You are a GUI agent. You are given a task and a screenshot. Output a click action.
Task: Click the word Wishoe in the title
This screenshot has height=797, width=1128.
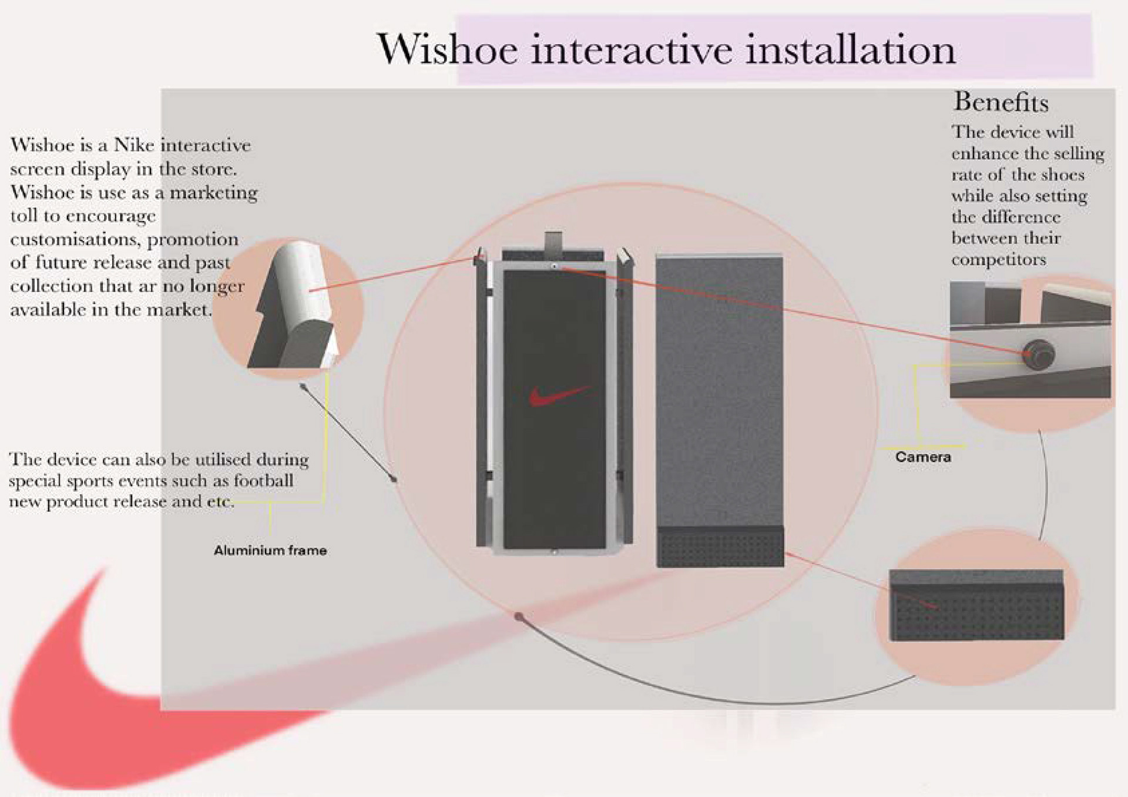tap(447, 49)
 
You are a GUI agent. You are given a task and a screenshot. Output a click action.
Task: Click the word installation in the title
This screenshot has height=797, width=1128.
tap(850, 49)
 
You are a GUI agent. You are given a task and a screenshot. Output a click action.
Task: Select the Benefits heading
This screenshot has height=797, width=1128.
tap(1001, 102)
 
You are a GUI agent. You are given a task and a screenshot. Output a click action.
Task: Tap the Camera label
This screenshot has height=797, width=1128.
tap(923, 457)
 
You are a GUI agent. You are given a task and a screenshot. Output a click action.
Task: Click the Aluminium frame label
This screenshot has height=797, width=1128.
tap(270, 551)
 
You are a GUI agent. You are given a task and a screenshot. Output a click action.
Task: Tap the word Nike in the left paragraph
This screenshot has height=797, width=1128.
tap(133, 145)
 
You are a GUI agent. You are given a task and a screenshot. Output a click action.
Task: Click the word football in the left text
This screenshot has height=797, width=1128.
tap(263, 481)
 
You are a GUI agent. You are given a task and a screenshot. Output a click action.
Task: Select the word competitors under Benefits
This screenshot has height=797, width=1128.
tap(999, 260)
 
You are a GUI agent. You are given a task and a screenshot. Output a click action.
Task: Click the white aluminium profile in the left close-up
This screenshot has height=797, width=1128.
tap(303, 282)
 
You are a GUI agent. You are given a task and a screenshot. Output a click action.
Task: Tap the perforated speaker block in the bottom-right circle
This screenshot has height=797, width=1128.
tap(976, 611)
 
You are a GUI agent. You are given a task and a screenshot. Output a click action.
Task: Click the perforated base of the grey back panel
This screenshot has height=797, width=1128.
tap(720, 547)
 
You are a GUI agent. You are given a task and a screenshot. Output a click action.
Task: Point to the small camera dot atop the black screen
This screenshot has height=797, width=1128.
tap(555, 267)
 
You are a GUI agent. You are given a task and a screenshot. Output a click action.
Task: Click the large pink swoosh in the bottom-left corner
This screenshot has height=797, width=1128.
tap(88, 705)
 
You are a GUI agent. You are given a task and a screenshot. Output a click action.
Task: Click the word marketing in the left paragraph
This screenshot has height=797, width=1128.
tap(214, 193)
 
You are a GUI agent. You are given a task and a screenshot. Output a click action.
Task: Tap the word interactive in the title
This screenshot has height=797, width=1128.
tap(632, 49)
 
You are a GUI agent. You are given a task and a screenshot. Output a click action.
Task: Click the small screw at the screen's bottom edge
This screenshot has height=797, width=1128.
tap(554, 552)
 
